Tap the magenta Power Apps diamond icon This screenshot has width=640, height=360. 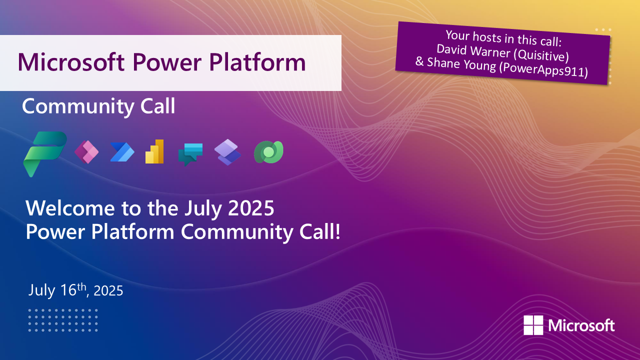click(86, 152)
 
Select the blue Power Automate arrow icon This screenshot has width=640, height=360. click(122, 152)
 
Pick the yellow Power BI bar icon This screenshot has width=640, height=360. click(154, 151)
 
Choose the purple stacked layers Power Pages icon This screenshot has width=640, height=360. click(227, 152)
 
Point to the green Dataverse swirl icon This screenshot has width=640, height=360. click(269, 152)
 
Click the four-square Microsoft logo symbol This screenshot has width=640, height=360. click(533, 325)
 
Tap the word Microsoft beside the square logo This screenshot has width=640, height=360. click(581, 325)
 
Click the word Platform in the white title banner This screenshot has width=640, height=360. click(257, 62)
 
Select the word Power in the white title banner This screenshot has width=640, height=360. click(167, 62)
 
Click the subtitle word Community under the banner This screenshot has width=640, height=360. click(77, 106)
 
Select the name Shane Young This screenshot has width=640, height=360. click(461, 63)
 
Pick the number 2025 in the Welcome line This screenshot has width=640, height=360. click(251, 208)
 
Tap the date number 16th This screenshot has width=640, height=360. click(73, 289)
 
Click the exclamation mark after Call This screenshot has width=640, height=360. click(338, 231)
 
